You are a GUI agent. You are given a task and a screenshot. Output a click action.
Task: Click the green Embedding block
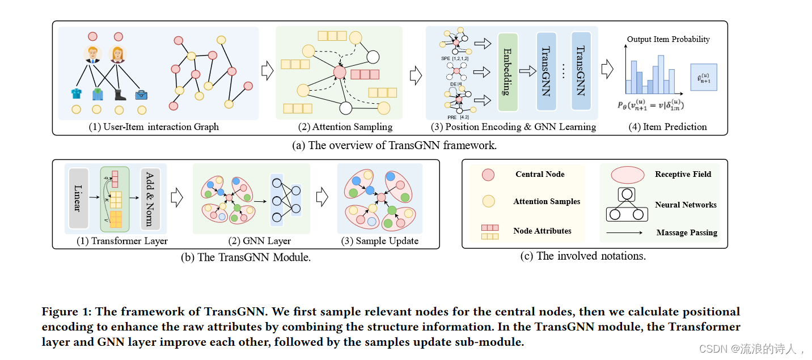tap(508, 72)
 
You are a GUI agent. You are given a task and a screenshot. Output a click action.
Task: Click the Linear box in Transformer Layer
tap(77, 197)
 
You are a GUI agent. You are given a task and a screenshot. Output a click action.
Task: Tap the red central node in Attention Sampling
tap(340, 72)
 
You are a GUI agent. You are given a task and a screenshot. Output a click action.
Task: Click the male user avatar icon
tap(92, 54)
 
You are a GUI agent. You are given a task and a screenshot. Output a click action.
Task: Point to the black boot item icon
tap(120, 94)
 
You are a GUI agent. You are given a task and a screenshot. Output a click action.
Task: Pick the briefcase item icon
tap(141, 95)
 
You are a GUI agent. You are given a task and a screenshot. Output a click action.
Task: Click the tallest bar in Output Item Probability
tap(661, 74)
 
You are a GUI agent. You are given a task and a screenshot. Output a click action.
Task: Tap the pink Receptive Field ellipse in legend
tap(627, 175)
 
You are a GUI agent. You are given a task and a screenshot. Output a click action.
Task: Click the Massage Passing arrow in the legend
tap(624, 232)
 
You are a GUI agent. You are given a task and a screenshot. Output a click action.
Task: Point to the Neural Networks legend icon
tap(627, 205)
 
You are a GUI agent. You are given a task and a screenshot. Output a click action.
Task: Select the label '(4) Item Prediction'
tap(667, 127)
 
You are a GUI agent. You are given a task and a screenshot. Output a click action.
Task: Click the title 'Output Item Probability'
tap(668, 39)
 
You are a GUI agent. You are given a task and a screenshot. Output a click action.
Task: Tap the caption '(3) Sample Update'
tap(379, 241)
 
